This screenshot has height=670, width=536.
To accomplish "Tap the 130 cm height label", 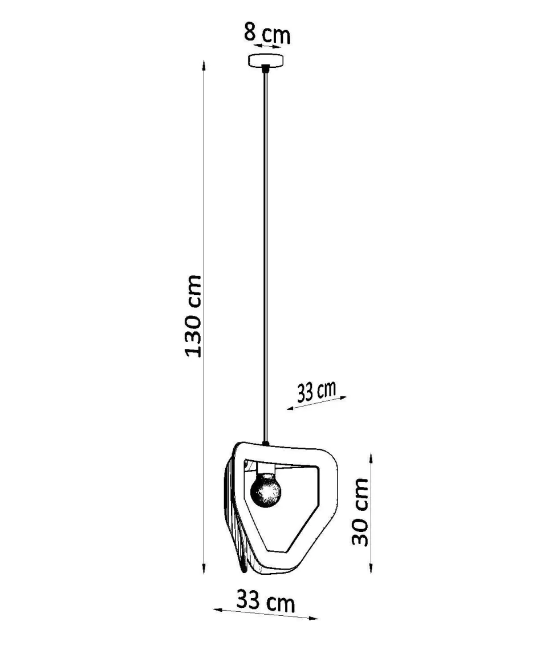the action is click(193, 316).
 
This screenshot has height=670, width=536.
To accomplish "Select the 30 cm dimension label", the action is click(360, 512).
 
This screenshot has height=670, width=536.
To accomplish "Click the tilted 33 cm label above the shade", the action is click(316, 391).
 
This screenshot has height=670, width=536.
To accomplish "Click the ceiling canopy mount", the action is click(266, 60).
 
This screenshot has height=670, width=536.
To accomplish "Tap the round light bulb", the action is click(266, 492).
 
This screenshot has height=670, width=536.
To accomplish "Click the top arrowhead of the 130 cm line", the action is click(204, 66).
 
